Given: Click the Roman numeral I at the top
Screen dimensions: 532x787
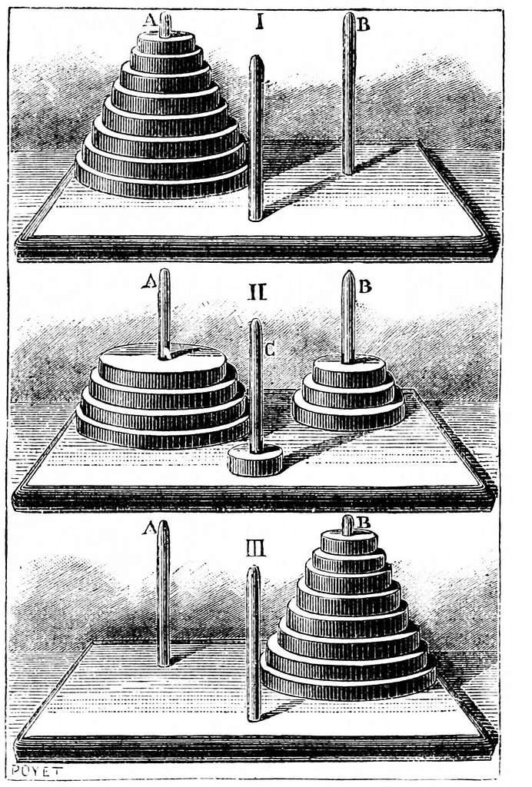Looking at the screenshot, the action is click(260, 22).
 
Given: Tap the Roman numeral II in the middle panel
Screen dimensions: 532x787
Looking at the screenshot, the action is click(258, 291).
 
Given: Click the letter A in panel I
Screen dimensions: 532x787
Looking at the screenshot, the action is click(150, 19).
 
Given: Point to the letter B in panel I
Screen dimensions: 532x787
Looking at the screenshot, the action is click(364, 24).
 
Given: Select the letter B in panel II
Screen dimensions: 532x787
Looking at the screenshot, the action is click(365, 287).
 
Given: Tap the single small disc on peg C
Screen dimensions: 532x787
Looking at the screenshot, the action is click(255, 460).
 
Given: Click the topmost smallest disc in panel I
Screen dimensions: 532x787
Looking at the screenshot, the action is click(166, 43).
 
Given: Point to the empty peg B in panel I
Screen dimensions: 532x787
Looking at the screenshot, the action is click(349, 93).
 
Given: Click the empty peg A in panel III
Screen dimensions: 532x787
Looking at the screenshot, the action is click(163, 594).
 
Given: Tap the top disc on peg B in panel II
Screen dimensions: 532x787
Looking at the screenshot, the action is click(349, 372).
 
